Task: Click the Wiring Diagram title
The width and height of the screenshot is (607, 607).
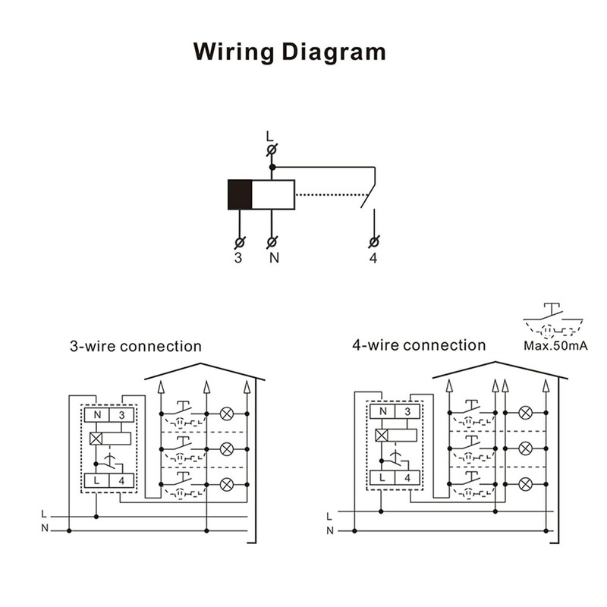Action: (x=289, y=52)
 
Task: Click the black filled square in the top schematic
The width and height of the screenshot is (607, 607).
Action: (x=240, y=194)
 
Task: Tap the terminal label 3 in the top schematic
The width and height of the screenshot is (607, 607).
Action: (x=238, y=258)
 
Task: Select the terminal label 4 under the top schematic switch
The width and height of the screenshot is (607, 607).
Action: (x=373, y=258)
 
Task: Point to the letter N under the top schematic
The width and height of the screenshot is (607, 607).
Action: (x=274, y=258)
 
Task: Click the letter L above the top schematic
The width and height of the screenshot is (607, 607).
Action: (x=269, y=136)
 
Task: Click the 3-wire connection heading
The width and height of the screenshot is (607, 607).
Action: (x=136, y=347)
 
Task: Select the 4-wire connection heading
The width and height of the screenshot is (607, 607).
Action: (x=419, y=345)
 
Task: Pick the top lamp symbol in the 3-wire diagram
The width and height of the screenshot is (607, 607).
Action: (x=226, y=414)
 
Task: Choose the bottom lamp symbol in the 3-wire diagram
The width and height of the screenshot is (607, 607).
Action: (x=226, y=484)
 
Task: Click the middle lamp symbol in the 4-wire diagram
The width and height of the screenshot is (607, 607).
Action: (x=524, y=448)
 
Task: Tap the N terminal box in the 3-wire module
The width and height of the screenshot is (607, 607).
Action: (x=96, y=415)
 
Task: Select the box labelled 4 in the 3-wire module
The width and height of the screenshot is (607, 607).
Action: (x=122, y=480)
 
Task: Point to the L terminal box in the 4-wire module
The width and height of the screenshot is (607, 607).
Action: (x=382, y=478)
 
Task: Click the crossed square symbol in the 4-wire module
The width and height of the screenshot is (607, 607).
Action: (x=382, y=436)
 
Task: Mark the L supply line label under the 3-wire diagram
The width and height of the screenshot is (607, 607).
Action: (x=43, y=515)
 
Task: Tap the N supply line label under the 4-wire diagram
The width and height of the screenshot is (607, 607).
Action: (x=329, y=530)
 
